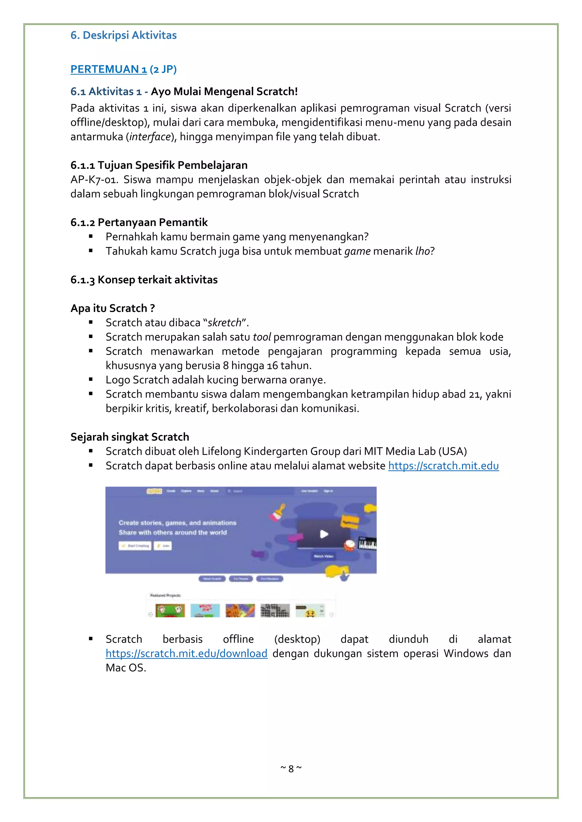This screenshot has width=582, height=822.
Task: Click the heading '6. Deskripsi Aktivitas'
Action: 123,35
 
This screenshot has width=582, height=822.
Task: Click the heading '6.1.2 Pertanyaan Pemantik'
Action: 139,222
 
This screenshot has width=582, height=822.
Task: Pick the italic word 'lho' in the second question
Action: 422,251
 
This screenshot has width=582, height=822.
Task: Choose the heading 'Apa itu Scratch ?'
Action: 113,308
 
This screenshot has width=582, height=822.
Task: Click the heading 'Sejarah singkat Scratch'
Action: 130,437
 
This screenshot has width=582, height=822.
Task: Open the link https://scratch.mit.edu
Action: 443,466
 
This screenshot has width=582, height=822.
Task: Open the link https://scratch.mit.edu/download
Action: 186,653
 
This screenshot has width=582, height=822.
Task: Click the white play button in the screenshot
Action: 324,534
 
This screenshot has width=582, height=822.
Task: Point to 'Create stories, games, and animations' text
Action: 177,523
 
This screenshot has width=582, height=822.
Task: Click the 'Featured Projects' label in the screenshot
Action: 165,595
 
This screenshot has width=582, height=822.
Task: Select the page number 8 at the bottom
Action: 291,769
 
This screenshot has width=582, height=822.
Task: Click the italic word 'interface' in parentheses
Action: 150,137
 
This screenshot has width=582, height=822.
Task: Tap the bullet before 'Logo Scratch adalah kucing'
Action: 91,379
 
